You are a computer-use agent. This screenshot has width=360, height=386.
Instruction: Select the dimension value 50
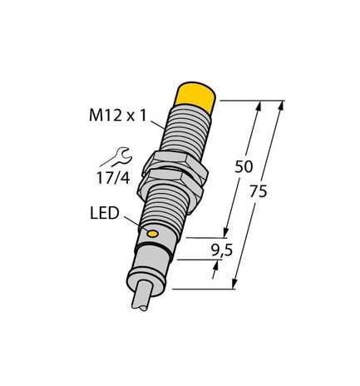pos(244,166)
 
